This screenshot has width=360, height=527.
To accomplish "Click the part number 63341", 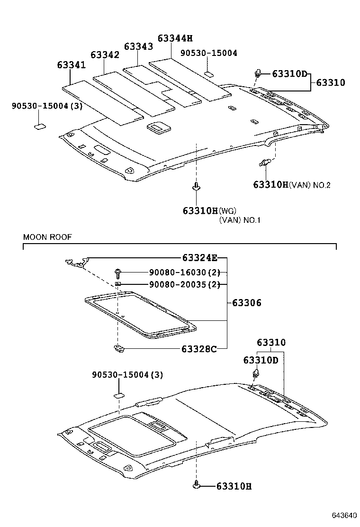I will [72, 64].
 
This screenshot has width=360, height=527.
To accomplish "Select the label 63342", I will [105, 55].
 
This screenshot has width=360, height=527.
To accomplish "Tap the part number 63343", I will [138, 46].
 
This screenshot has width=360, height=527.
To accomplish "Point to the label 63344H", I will [175, 38].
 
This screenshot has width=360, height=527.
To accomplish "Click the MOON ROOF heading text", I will [47, 237].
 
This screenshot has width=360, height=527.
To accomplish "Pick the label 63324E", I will [199, 258].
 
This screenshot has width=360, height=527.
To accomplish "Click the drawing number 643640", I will [343, 515].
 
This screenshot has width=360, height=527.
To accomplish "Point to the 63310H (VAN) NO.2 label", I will [291, 185].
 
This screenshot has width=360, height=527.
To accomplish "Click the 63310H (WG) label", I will [209, 210].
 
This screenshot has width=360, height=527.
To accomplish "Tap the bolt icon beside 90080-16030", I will [117, 273].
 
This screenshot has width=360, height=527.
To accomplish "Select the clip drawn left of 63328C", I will [118, 350].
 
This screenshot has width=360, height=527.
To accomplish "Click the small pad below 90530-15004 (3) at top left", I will [40, 126].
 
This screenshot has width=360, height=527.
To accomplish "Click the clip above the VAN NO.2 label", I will [265, 163].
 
